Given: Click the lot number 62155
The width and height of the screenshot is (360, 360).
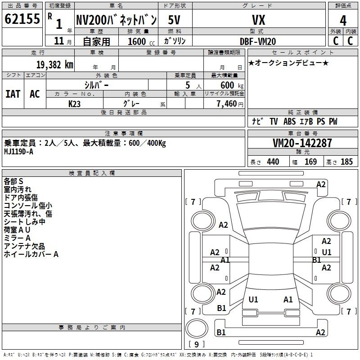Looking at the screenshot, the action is pos(22,19).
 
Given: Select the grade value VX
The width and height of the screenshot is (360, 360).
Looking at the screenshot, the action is pos(258,20).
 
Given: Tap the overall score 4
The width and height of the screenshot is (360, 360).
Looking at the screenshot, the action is pos(343,21).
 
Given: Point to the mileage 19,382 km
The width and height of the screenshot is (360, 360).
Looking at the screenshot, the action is pos(54,65).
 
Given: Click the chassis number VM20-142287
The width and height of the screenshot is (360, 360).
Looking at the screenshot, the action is pos(302,143).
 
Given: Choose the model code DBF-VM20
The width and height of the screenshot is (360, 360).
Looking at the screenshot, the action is pos(258,41).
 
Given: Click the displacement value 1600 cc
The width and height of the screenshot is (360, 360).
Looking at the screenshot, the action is pos(141,41).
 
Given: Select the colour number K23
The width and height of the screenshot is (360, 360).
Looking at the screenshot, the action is pos(74,104).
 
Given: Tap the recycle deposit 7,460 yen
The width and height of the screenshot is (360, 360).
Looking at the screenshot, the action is pos(230,104).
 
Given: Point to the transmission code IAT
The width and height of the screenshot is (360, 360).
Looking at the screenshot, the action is pos(13,94).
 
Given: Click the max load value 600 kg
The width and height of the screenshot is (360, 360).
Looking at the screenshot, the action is pos(232,85).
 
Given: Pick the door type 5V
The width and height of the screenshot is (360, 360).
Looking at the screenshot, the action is pos(174,20).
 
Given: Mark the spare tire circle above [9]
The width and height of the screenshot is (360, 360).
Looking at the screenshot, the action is pos(197,328).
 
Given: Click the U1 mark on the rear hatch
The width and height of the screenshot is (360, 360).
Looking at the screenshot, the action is pos(253,299).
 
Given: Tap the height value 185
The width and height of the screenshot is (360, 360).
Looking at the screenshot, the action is pos(346,162).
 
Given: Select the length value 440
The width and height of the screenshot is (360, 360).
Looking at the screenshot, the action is pos(273,162).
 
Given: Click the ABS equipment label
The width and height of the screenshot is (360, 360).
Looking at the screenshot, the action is pos(289,121).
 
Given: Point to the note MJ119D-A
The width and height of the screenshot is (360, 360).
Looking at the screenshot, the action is pos(18,152).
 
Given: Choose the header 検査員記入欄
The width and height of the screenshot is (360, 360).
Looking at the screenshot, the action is pos(92,173).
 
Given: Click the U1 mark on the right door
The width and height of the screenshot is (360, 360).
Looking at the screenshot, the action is pos(327,252).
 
